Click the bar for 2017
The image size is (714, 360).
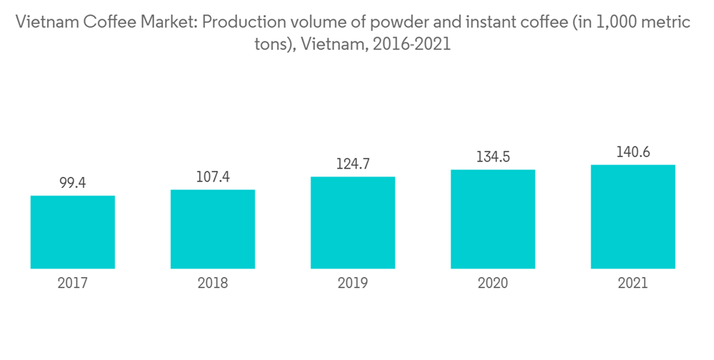coord(73,232)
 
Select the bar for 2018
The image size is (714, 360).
coord(213,229)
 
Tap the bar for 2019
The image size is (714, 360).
coord(353,223)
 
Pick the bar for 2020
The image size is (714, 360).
coord(493,219)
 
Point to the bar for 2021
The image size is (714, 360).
coord(633,217)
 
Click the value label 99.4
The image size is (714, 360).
coord(73,184)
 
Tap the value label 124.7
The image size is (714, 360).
coord(353,165)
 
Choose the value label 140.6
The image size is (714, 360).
coord(633,153)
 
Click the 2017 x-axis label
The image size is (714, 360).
coord(73,284)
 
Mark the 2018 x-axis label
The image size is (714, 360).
coord(213,284)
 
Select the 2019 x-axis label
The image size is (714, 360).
coord(353,284)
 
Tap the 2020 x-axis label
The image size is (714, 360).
coord(493,284)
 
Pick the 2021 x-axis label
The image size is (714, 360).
coord(633,284)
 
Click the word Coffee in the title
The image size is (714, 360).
coord(111,23)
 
